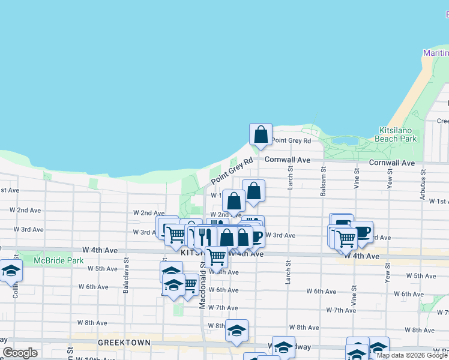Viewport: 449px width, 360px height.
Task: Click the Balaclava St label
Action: [x=126, y=271]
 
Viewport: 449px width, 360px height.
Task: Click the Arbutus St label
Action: [x=423, y=180]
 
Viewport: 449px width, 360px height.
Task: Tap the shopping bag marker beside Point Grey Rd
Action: [x=261, y=134]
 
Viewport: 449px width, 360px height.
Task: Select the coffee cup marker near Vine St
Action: [x=361, y=232]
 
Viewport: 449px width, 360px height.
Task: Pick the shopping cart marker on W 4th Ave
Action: [x=216, y=257]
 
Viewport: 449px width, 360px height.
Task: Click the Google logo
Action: [x=20, y=353]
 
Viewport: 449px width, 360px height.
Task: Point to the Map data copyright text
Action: [x=412, y=355]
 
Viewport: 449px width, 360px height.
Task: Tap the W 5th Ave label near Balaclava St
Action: [x=102, y=269]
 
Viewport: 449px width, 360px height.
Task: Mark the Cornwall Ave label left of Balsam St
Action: [x=288, y=160]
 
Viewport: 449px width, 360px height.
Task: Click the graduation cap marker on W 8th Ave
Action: [x=237, y=330]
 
